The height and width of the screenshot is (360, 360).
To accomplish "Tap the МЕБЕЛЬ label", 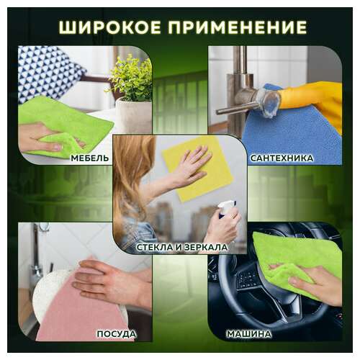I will [90, 157].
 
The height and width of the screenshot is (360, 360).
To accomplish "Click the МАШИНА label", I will [248, 334].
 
